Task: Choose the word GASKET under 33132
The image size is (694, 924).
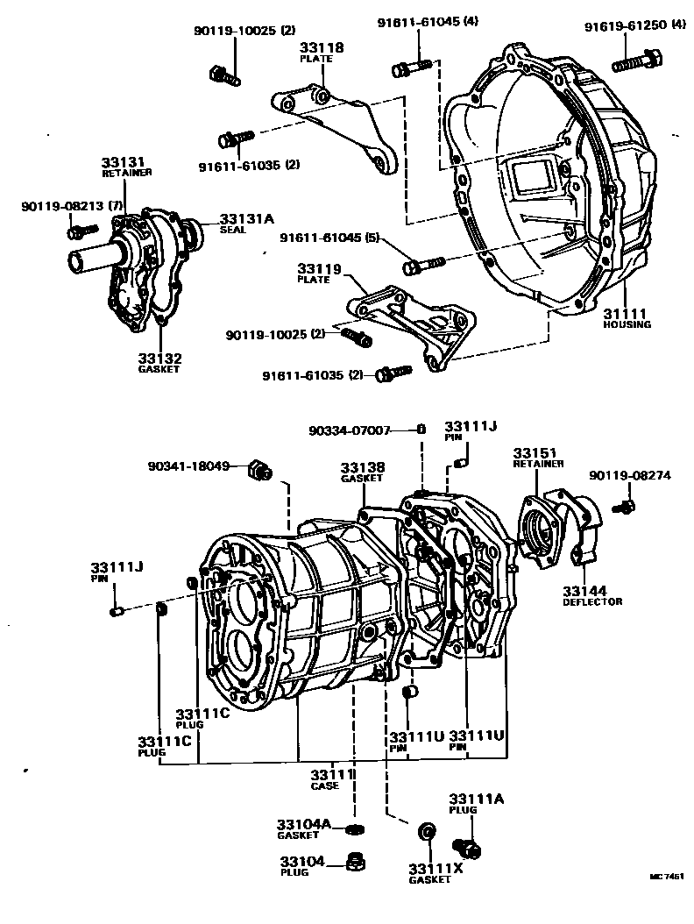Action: click(x=158, y=369)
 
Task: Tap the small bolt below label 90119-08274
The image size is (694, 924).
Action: click(x=625, y=505)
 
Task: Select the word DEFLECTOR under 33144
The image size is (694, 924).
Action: click(x=592, y=601)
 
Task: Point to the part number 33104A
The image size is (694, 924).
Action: click(x=303, y=824)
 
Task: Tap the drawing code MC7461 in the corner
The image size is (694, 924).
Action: click(x=666, y=876)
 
